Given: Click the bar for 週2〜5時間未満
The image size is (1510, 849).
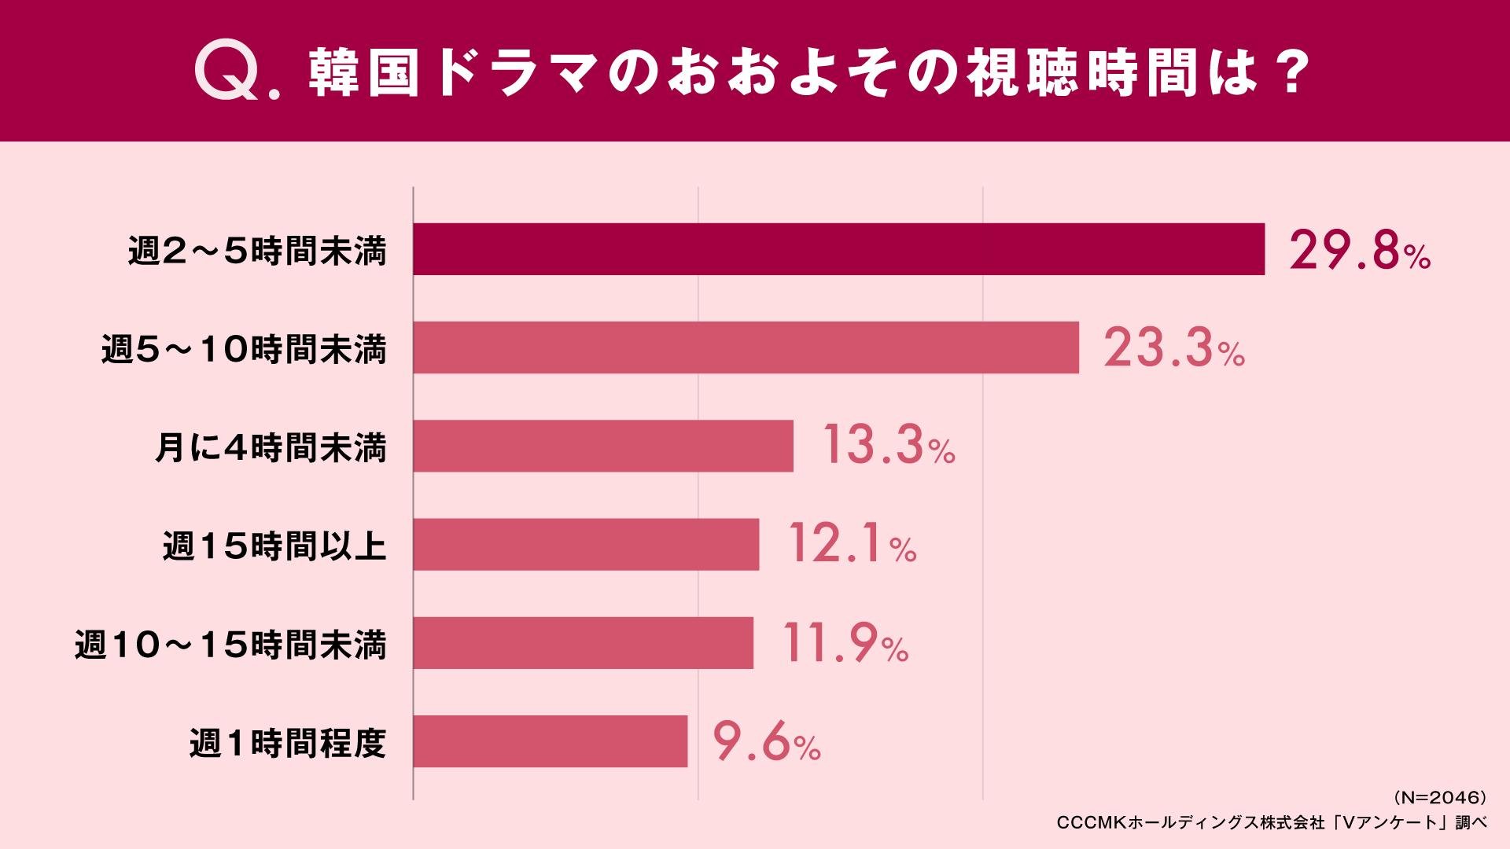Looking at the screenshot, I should pyautogui.click(x=838, y=249).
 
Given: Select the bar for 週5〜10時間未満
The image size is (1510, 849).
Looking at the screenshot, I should pyautogui.click(x=746, y=347).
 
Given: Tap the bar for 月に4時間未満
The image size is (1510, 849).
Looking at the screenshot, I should pyautogui.click(x=603, y=446).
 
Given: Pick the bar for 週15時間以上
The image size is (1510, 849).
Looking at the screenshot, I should pyautogui.click(x=586, y=544).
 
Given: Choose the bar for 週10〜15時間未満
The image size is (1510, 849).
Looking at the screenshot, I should pyautogui.click(x=583, y=642).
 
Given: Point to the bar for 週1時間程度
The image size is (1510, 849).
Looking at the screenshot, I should pyautogui.click(x=550, y=741).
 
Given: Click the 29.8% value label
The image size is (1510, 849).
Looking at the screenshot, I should pyautogui.click(x=1360, y=252).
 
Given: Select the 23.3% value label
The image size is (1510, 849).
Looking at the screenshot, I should pyautogui.click(x=1174, y=349).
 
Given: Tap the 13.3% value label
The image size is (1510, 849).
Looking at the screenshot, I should pyautogui.click(x=889, y=447).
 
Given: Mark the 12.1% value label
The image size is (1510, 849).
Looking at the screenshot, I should pyautogui.click(x=852, y=544).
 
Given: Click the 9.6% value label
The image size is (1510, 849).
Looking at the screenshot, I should pyautogui.click(x=767, y=742).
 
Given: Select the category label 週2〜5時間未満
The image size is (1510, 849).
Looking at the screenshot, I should pyautogui.click(x=258, y=252).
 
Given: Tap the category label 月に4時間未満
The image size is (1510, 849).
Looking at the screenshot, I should pyautogui.click(x=271, y=448).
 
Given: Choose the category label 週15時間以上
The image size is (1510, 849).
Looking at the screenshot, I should pyautogui.click(x=275, y=546).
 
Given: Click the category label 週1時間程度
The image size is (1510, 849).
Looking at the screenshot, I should pyautogui.click(x=289, y=743).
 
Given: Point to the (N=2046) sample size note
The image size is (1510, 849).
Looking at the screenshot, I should pyautogui.click(x=1439, y=798).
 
